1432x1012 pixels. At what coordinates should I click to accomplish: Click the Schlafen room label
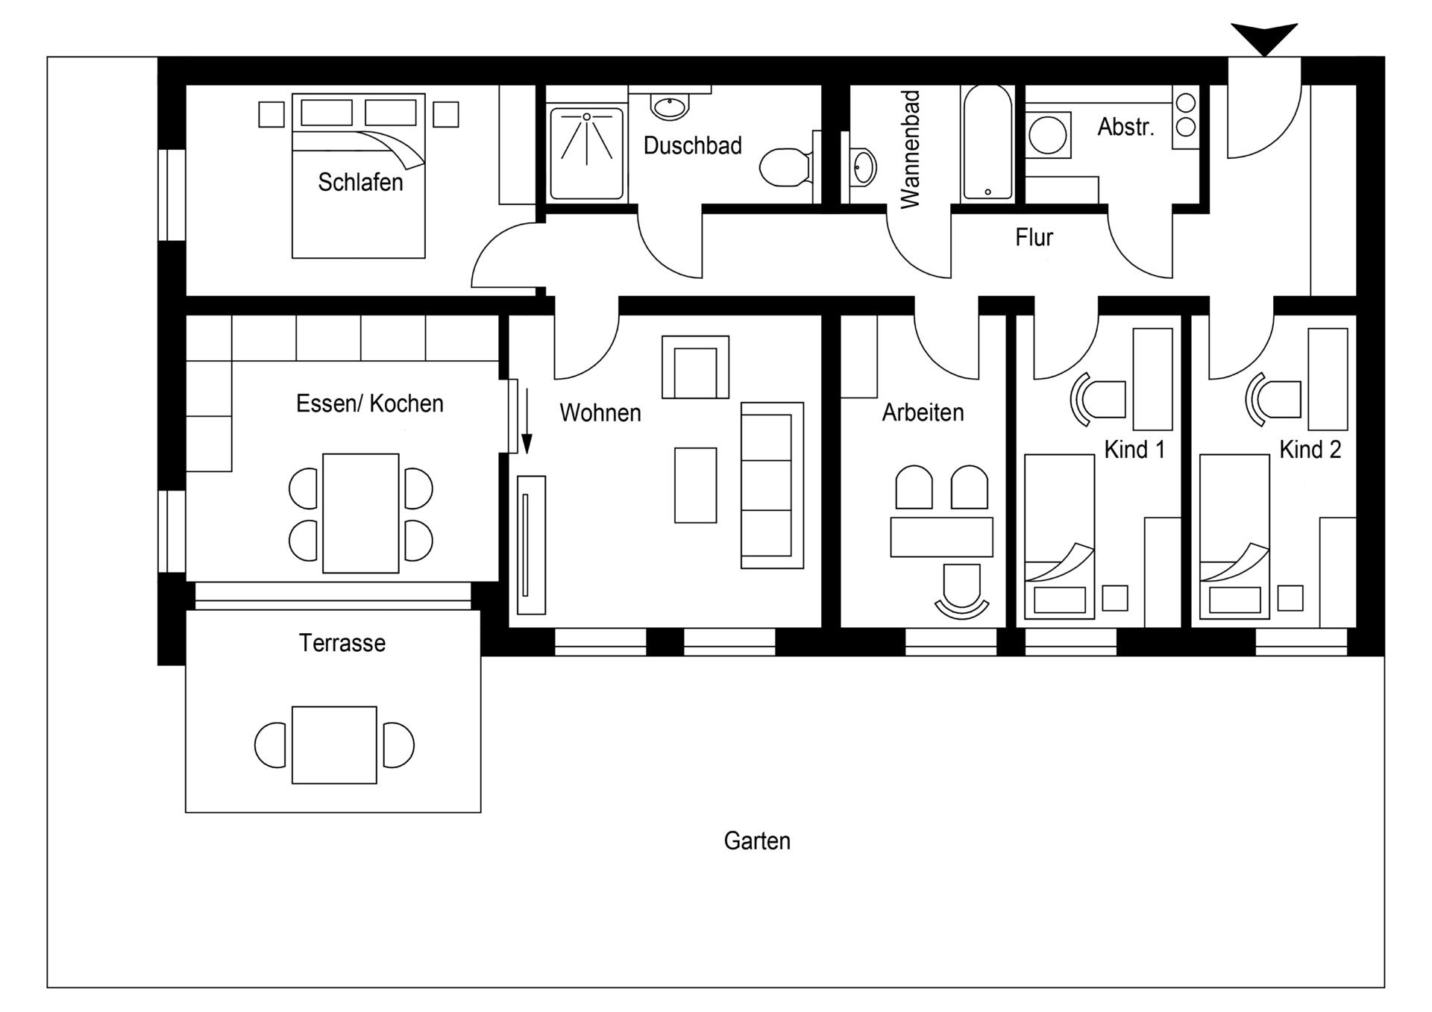360,182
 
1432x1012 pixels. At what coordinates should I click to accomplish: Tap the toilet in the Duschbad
783,167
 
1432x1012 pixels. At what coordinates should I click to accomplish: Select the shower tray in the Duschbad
587,154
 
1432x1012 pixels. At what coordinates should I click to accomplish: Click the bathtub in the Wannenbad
987,144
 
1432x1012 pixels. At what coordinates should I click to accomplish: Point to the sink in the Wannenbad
863,167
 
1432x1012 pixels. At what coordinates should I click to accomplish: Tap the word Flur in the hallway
1034,238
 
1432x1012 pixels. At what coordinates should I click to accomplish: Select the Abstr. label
1125,128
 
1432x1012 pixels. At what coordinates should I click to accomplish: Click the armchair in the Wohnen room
695,368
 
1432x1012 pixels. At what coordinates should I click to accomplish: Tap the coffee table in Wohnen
695,485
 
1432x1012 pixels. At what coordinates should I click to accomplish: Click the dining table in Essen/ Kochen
360,513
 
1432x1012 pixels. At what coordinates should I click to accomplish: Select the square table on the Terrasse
334,744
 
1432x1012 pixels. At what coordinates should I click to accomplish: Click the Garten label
756,841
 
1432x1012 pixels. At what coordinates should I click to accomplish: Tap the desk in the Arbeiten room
941,537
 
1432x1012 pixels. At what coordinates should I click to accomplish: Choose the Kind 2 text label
1310,450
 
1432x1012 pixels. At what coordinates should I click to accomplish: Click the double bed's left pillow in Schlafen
327,113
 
